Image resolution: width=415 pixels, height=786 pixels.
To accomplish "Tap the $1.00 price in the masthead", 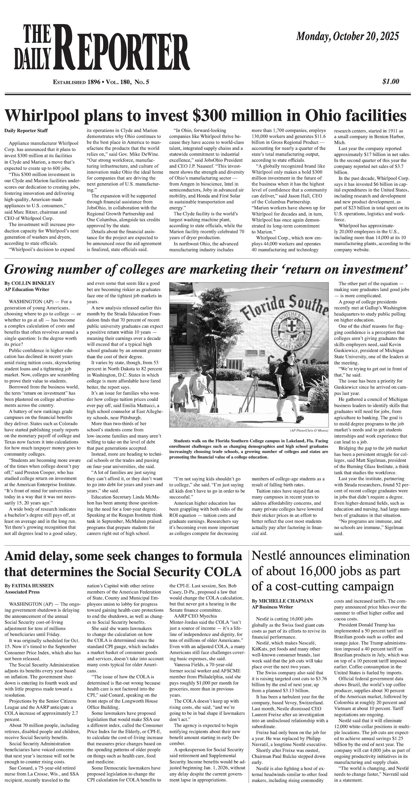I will click(x=390, y=81).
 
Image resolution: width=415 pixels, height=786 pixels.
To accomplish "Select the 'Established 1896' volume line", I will click(x=101, y=82).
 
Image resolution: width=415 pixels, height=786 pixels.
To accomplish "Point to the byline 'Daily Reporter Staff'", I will click(x=26, y=131).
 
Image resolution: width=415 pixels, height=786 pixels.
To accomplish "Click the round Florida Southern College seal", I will click(x=286, y=331).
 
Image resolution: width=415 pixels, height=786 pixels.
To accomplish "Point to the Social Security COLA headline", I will click(x=123, y=564).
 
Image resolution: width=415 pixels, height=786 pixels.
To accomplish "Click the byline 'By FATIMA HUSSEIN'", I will click(x=29, y=586).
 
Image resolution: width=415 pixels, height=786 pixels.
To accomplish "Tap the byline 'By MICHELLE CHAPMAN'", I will click(x=282, y=601).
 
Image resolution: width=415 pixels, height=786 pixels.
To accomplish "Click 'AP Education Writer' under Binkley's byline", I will click(x=27, y=289).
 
